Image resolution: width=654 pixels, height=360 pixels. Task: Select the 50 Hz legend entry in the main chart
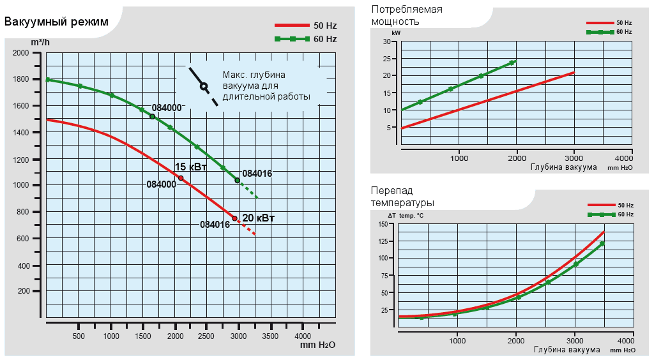coord(305,26)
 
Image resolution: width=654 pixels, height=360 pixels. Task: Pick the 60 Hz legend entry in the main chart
coord(305,39)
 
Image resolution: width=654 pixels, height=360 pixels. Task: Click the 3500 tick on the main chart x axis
coord(270,336)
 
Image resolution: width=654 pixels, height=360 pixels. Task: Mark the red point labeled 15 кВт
coord(181,178)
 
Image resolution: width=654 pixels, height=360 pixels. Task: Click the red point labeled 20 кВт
coord(234,218)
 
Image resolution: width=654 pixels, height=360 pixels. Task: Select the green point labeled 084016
coord(238,181)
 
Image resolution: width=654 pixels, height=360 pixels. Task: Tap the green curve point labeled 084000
coord(152,116)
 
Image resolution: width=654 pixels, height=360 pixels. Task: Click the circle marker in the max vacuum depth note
coord(204,86)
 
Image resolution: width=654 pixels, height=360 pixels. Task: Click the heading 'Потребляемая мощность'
coord(407,15)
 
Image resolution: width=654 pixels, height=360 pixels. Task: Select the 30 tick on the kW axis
coord(386,41)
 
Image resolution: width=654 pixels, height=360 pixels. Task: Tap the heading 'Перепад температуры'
coord(402,197)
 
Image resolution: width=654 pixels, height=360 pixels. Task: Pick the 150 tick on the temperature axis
coord(383,224)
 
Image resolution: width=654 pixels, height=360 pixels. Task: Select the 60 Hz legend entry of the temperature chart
coord(609,214)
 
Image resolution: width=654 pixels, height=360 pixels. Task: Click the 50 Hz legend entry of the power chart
coord(609,23)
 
